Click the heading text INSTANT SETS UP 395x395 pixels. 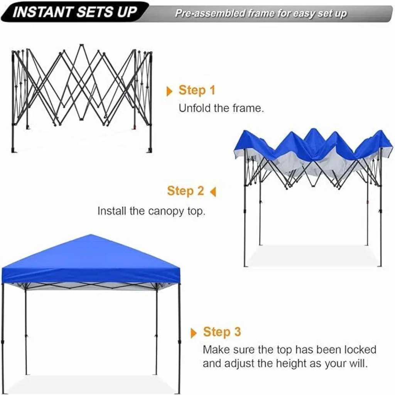75,12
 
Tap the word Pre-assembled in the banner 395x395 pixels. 210,13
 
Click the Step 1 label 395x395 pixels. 197,90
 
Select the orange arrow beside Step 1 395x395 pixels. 169,91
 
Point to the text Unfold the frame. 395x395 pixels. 221,108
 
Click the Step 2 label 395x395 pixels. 186,191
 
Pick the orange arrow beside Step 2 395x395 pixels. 213,192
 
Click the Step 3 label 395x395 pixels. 222,332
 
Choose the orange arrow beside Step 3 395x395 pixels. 194,333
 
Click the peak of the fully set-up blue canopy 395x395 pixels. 91,235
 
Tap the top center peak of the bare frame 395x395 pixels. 81,46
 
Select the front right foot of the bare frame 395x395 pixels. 150,150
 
